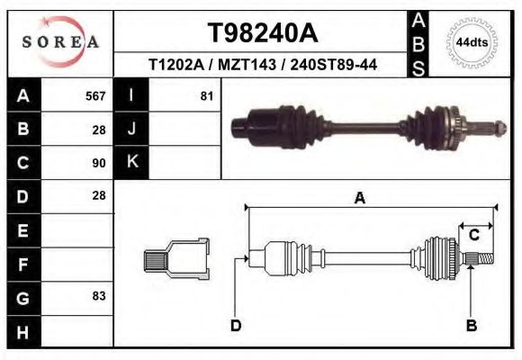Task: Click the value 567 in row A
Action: pyautogui.click(x=95, y=95)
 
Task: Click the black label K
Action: pyautogui.click(x=132, y=162)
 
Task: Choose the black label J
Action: pyautogui.click(x=132, y=129)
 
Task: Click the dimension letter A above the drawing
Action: pyautogui.click(x=360, y=199)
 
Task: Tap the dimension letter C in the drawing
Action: pyautogui.click(x=473, y=236)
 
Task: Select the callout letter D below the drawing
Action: pyautogui.click(x=236, y=325)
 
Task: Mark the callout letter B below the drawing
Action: pyautogui.click(x=471, y=325)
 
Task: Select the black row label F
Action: pyautogui.click(x=22, y=264)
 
